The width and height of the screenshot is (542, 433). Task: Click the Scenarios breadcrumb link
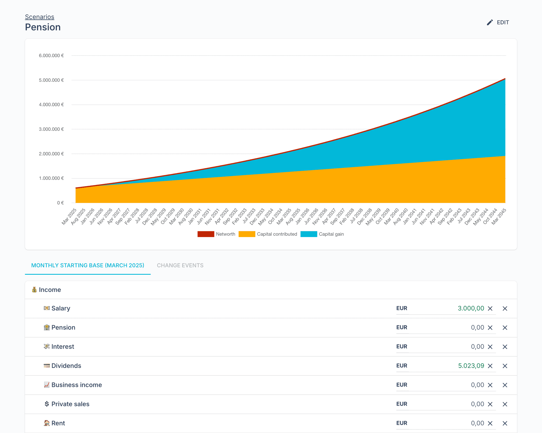[39, 17]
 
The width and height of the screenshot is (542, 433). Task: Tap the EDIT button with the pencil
[498, 23]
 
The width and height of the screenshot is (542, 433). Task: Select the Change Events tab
[180, 265]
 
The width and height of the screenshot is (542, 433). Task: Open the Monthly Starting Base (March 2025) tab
[88, 265]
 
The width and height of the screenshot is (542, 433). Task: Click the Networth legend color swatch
[206, 234]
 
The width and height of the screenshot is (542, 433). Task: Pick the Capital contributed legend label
[277, 234]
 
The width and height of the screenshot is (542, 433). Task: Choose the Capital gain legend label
[331, 234]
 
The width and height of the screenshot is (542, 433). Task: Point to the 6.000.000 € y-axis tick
[51, 56]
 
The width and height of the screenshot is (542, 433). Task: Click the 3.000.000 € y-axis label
[51, 129]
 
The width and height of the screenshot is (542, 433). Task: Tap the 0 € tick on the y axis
[60, 203]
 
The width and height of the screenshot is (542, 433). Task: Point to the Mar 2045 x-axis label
[499, 216]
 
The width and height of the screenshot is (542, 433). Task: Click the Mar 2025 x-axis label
[69, 216]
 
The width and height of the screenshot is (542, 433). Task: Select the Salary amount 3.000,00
[471, 308]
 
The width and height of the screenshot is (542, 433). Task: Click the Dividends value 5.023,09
[471, 366]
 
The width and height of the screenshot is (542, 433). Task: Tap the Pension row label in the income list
[63, 327]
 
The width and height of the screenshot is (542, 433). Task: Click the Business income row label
[76, 385]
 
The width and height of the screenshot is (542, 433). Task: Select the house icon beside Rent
[47, 423]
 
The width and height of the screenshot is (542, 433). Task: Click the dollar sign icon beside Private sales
[47, 404]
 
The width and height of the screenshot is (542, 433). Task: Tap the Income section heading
[50, 290]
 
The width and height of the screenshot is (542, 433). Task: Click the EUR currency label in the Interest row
[401, 347]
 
